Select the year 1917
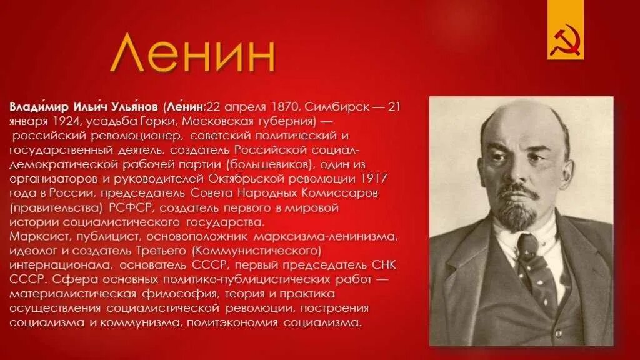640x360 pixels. click(372, 179)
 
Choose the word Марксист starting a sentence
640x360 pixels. click(39, 237)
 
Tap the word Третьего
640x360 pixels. click(159, 251)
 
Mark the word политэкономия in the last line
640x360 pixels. click(242, 323)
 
